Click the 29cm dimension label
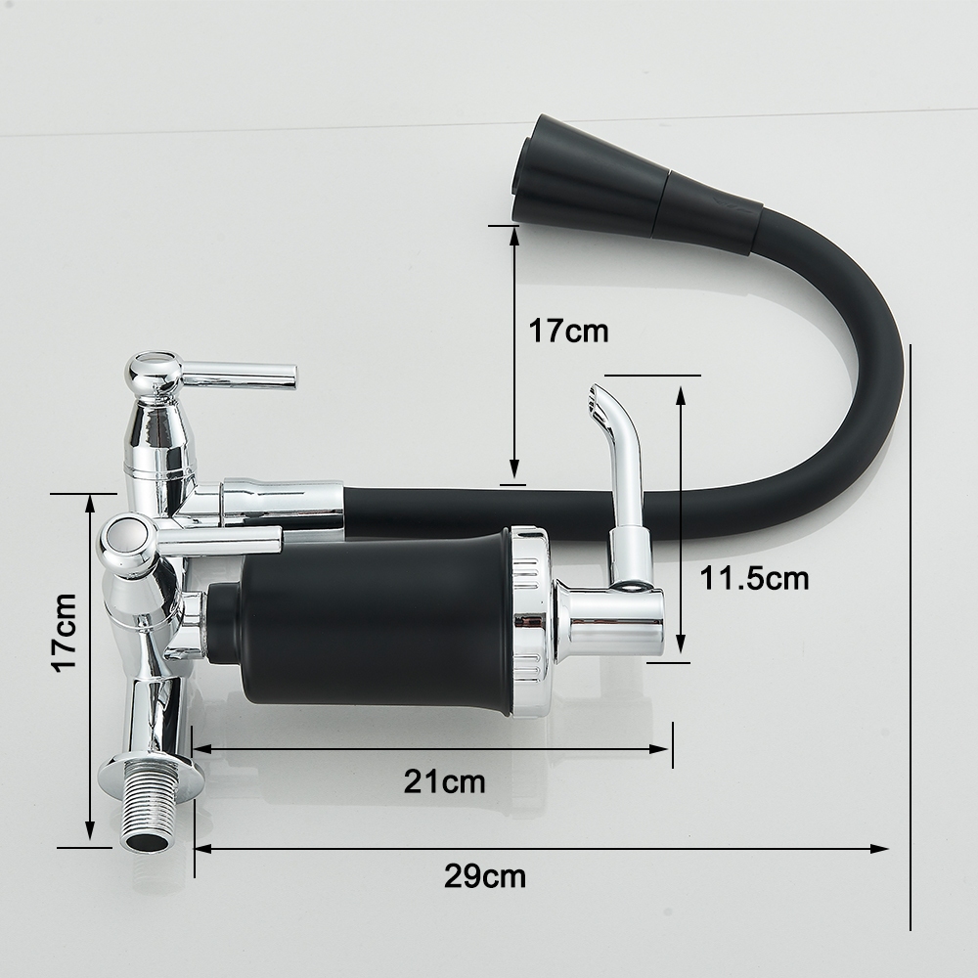(x=485, y=876)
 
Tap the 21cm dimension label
(x=444, y=780)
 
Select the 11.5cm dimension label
(x=754, y=578)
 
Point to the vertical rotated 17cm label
(x=66, y=633)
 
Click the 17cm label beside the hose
(x=568, y=331)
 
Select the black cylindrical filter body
(x=375, y=624)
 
